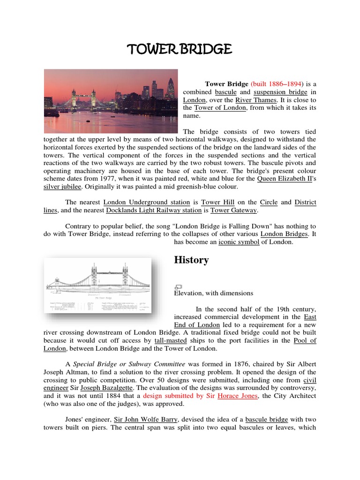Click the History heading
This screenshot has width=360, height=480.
pos(191,260)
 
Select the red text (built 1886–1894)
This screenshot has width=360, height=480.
pos(277,83)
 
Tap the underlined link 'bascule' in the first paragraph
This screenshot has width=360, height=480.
pos(226,92)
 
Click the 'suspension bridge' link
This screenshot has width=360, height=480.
pos(281,92)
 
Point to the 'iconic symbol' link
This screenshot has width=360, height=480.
pos(239,242)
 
